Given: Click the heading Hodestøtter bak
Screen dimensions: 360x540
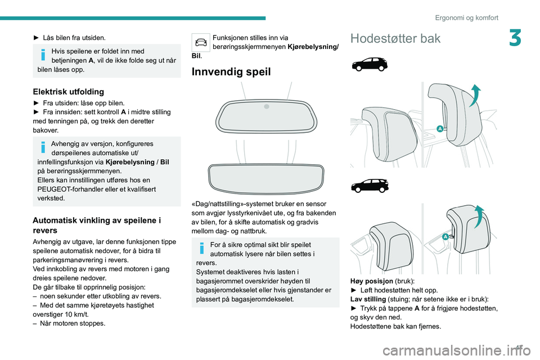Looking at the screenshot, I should point(395,38).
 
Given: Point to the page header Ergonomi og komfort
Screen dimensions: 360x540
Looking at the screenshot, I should point(466,17).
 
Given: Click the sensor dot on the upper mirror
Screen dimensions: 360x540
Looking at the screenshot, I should point(267,106).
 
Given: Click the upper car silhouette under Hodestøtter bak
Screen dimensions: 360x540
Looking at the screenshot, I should point(369,64).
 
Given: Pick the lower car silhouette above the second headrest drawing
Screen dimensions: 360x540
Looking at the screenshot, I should point(369,186).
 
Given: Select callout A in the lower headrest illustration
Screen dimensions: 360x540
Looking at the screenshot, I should point(445,237).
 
